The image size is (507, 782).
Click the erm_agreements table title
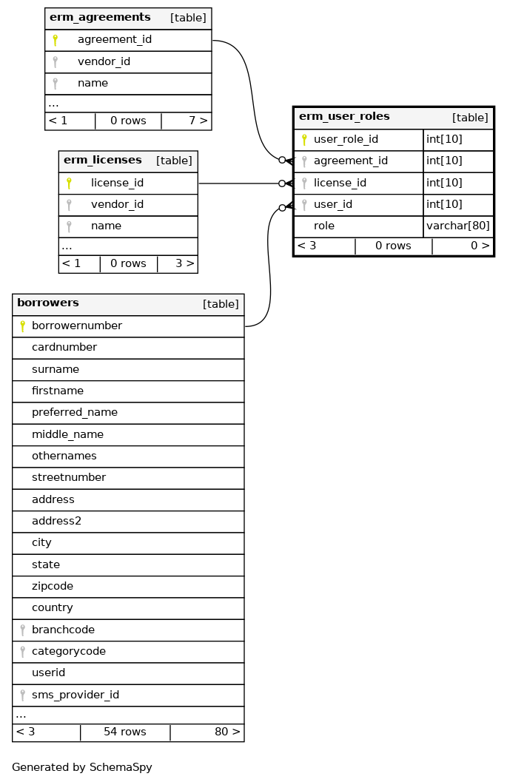coord(100,17)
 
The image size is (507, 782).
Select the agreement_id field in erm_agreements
coord(114,39)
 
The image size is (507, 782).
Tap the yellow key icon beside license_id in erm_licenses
coord(69,183)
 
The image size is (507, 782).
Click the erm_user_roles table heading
coord(344,117)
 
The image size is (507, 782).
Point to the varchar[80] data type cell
coord(458,226)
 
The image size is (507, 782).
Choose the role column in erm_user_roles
coord(324,226)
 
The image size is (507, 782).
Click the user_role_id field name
coord(346,139)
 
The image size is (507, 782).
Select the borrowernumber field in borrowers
coord(77,326)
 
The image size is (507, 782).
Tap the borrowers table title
coord(48,303)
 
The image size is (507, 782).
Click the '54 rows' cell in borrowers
coord(125,732)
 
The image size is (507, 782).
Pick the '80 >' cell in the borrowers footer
coord(227,732)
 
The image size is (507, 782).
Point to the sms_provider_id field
coord(75,695)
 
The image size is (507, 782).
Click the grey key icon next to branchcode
coord(23,630)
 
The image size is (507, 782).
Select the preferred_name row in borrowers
coord(75,412)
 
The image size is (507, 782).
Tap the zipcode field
coord(53,586)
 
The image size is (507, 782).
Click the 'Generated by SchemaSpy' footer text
coord(82,767)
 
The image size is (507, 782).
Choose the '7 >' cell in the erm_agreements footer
coord(198,120)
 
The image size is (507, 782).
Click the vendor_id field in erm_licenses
coord(117,204)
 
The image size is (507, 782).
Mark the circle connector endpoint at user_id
coord(282,208)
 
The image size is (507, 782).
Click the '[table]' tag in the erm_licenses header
coord(174,161)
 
